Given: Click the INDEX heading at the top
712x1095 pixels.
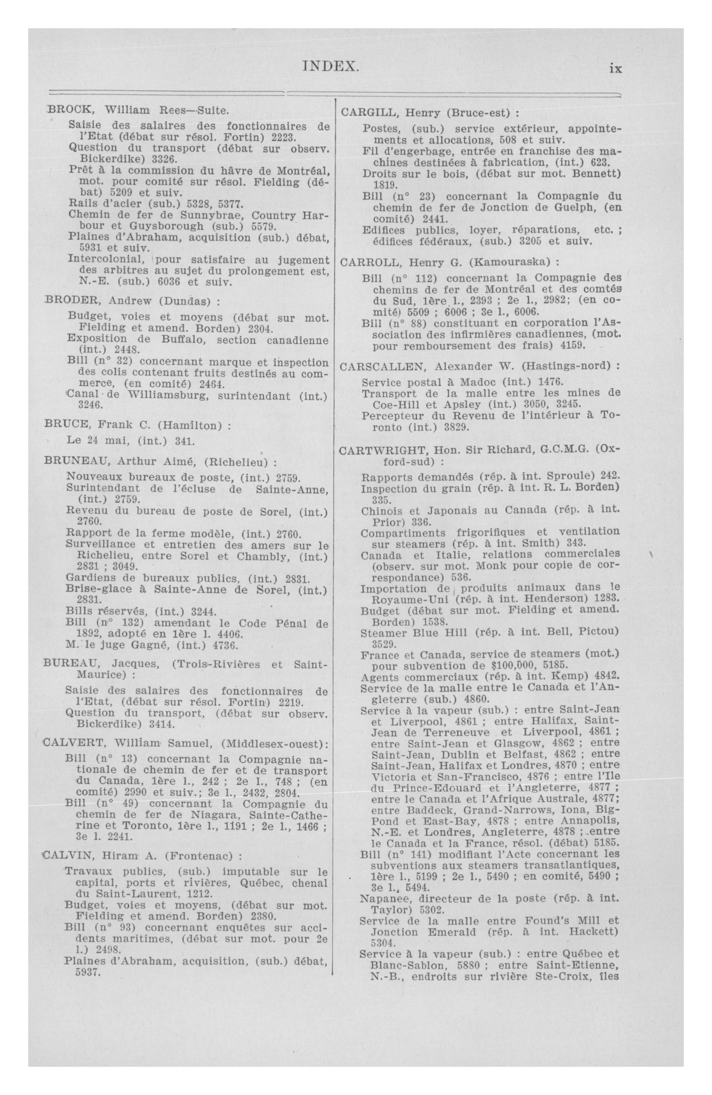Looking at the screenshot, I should (331, 67).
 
